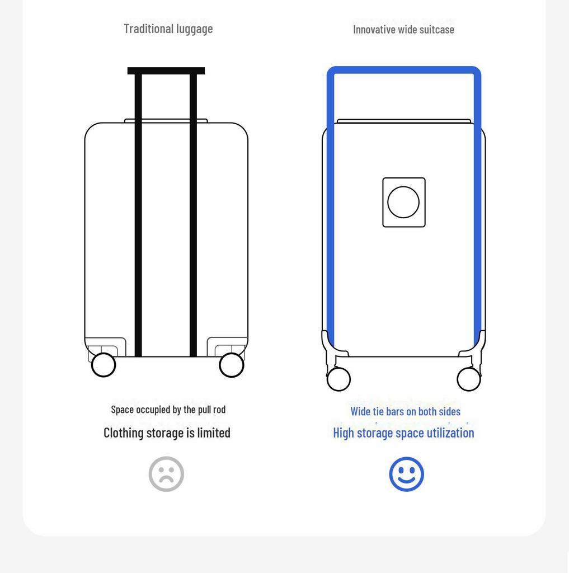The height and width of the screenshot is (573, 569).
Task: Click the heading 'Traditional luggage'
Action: click(x=168, y=29)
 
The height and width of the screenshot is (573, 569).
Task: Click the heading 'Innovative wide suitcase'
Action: click(x=403, y=30)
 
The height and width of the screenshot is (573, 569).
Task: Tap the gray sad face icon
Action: click(x=166, y=474)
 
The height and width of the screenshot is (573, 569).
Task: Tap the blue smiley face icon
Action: click(x=406, y=474)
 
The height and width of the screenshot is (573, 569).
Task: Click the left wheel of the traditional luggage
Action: click(x=104, y=365)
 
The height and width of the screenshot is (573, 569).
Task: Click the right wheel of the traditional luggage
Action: click(x=231, y=365)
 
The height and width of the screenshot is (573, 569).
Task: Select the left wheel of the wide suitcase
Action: click(x=338, y=379)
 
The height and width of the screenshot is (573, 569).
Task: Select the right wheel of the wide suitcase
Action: click(x=469, y=379)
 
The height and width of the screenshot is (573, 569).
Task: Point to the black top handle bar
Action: click(x=166, y=71)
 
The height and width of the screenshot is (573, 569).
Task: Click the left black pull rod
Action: click(x=138, y=215)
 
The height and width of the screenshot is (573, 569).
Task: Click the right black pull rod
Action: click(x=194, y=215)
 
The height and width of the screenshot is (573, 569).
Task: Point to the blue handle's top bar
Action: click(x=404, y=70)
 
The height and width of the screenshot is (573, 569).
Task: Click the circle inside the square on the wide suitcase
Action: click(x=403, y=202)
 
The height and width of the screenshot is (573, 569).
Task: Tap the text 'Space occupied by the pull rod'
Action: click(x=168, y=410)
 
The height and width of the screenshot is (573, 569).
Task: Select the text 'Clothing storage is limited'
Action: click(x=167, y=433)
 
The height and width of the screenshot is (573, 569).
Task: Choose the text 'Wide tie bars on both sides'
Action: click(x=405, y=411)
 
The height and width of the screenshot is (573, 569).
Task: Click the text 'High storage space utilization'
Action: click(x=403, y=433)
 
